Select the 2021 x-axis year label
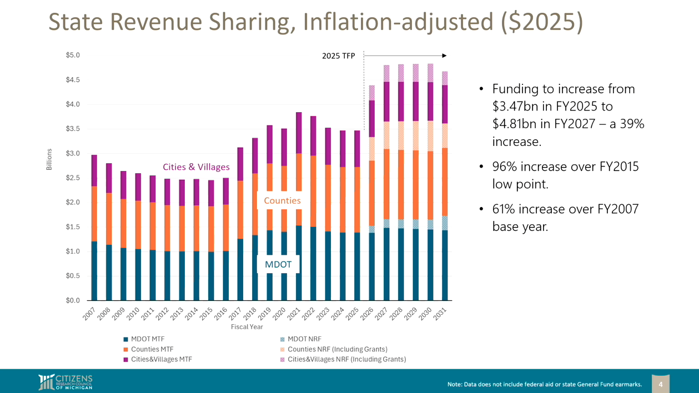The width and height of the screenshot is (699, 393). [x=294, y=314]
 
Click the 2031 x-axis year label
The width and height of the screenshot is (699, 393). [x=440, y=314]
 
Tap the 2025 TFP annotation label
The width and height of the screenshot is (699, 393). [x=338, y=56]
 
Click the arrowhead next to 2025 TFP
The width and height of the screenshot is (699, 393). [x=444, y=56]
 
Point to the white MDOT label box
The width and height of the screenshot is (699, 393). [x=278, y=264]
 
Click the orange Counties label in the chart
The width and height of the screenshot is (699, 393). [x=282, y=200]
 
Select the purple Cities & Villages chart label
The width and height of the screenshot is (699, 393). [x=196, y=167]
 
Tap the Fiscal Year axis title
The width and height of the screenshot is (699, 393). [x=247, y=327]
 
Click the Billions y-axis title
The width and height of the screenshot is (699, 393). [x=49, y=159]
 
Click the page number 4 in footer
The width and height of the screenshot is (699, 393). [x=660, y=384]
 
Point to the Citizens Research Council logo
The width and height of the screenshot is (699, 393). [x=65, y=382]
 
